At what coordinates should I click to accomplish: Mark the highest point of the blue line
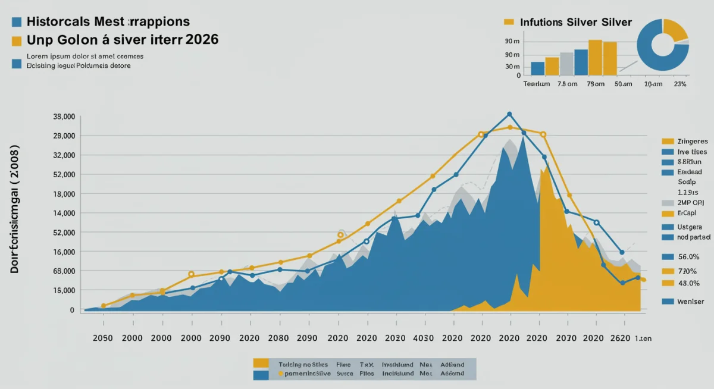coord(509,114)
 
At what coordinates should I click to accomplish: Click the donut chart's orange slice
coord(675,30)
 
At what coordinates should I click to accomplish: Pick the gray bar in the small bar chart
coord(566,64)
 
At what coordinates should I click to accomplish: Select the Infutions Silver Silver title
coord(575,22)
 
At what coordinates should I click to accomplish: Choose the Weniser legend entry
coord(690,302)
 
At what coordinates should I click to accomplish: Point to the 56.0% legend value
coord(688,257)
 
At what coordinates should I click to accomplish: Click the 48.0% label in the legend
coord(688,283)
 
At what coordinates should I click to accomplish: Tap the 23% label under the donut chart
coord(679,84)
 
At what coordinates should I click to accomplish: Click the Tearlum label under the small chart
coord(536,84)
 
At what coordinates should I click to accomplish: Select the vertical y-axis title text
coord(15,209)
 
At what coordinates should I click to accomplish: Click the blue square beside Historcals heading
coord(17,22)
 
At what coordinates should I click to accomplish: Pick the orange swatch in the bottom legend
coord(260,363)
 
